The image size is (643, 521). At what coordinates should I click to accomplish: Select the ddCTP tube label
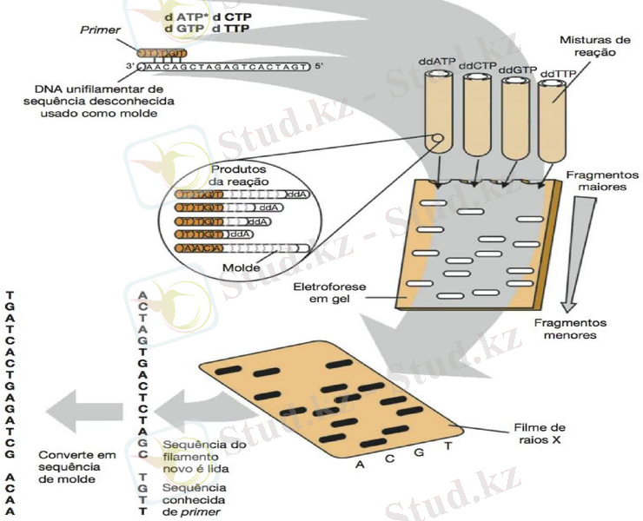point(475,66)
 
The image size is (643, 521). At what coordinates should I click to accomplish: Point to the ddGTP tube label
point(515,69)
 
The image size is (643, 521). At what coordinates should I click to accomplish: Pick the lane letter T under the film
point(447,445)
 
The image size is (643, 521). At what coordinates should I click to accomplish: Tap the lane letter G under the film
point(418,453)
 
